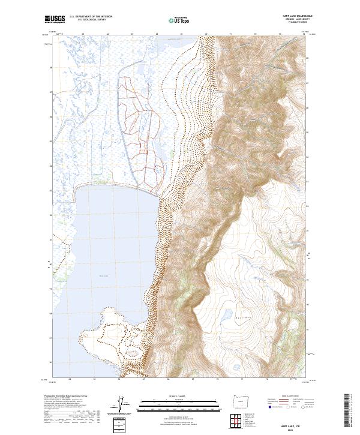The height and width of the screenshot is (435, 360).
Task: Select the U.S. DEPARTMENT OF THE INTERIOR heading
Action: [91, 17]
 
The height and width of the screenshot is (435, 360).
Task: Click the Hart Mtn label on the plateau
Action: [242, 316]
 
